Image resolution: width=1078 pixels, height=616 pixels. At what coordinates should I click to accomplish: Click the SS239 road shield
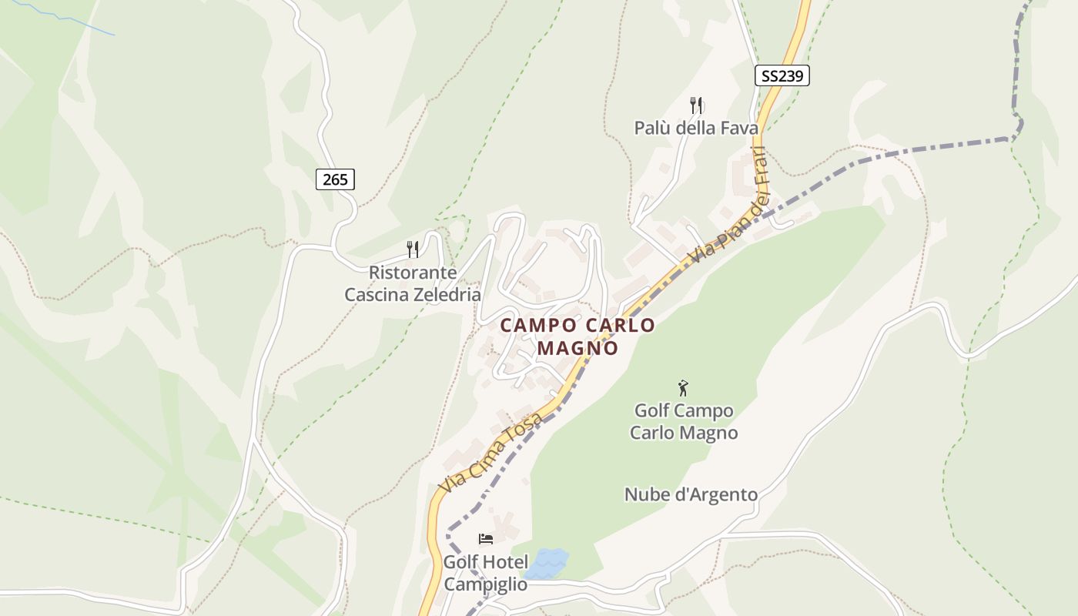tap(782, 75)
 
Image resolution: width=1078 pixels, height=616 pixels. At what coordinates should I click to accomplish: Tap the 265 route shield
tap(335, 179)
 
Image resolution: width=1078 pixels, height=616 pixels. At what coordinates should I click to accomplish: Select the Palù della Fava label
tap(696, 128)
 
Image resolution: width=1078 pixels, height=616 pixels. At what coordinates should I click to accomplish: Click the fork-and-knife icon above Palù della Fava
tap(696, 105)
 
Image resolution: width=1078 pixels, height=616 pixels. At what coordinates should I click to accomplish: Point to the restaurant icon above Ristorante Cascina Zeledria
tap(413, 249)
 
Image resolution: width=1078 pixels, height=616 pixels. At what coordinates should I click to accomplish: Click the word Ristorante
tap(413, 273)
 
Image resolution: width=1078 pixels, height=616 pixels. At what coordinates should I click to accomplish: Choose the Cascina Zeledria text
tap(413, 295)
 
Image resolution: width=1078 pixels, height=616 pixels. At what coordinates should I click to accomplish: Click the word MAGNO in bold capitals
tap(577, 348)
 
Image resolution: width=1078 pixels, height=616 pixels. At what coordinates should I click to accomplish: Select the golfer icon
tap(683, 387)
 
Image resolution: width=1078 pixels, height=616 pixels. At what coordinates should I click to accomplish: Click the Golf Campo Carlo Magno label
tap(684, 421)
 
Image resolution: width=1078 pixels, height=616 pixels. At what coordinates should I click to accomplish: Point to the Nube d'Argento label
tap(691, 494)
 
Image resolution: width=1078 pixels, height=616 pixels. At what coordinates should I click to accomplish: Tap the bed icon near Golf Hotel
tap(486, 538)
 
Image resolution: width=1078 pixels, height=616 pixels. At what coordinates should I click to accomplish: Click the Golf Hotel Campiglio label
tap(486, 573)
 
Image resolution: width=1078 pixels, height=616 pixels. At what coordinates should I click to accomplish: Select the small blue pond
tap(547, 563)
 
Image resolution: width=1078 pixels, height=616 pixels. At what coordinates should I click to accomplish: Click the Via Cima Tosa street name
tap(490, 453)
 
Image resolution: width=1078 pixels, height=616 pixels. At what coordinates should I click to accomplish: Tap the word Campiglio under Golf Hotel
tap(486, 584)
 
